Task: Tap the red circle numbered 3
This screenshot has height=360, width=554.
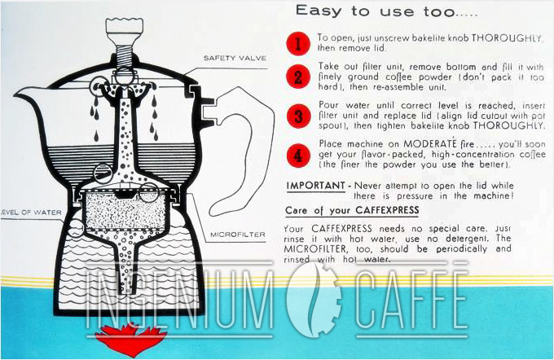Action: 298,116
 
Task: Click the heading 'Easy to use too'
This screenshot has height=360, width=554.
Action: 363,11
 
